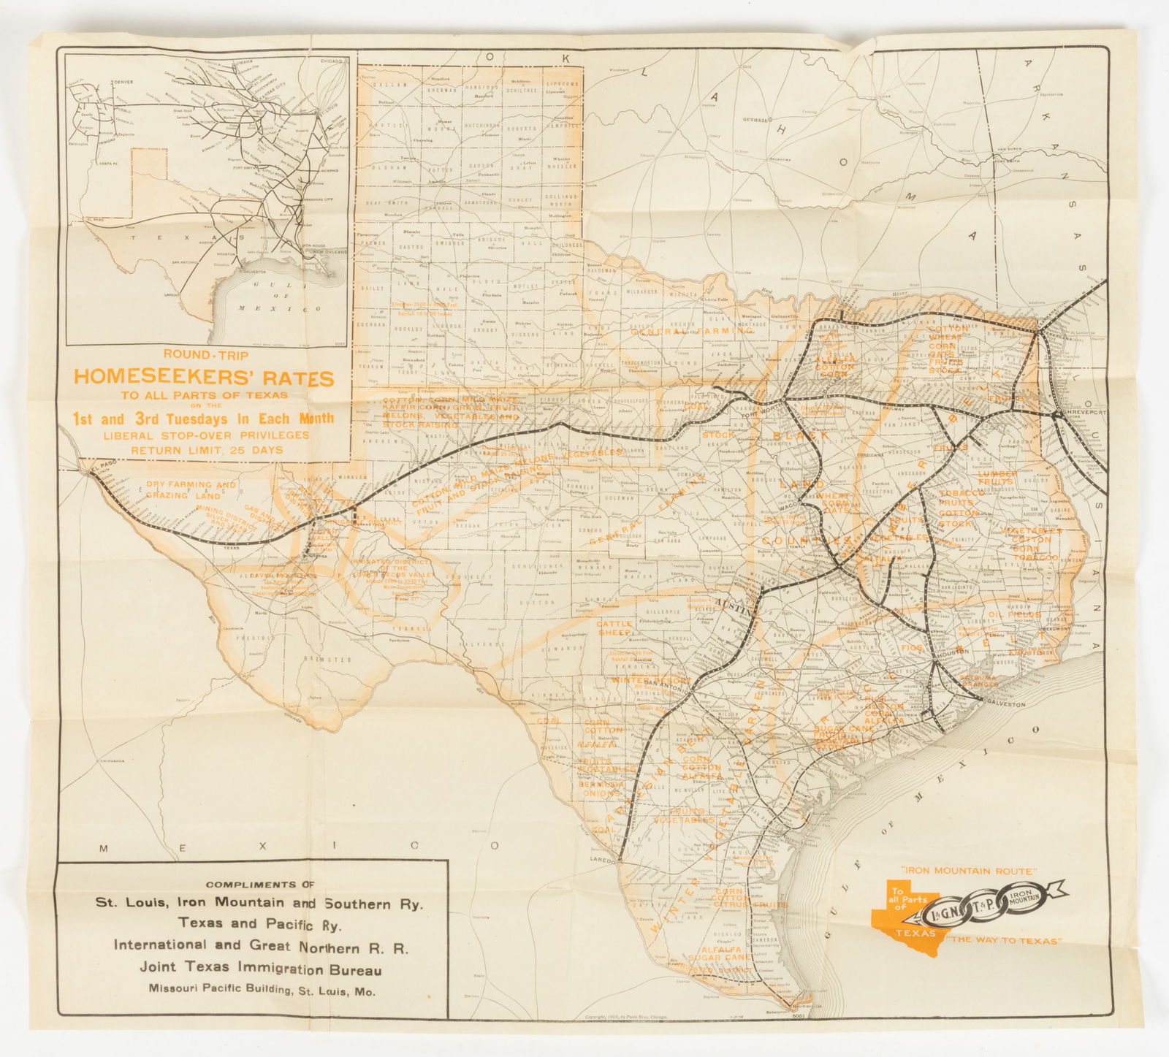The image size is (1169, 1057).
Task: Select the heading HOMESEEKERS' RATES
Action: click(204, 378)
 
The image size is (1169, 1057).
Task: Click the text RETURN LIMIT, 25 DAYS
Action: click(206, 450)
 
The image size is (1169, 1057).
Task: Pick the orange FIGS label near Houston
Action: click(912, 648)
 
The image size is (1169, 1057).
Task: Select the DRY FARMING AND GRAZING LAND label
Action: click(190, 489)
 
